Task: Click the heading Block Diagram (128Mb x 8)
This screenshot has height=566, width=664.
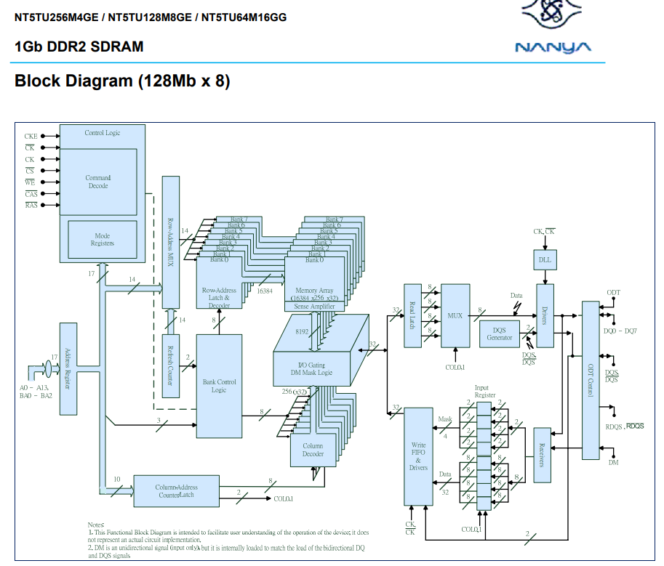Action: click(122, 81)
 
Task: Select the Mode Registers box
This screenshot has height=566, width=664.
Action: click(103, 240)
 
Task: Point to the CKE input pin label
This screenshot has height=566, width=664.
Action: click(31, 136)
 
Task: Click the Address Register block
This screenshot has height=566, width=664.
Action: click(68, 369)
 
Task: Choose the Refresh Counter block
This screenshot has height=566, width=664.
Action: click(170, 365)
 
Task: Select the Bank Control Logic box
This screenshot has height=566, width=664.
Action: click(219, 386)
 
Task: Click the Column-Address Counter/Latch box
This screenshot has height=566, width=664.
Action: click(176, 491)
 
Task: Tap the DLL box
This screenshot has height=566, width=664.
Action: click(545, 259)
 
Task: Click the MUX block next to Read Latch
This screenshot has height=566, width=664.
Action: click(455, 315)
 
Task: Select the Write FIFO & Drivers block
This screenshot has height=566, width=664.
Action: click(418, 456)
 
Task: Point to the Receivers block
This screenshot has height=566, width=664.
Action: click(541, 453)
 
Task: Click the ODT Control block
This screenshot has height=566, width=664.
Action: click(591, 380)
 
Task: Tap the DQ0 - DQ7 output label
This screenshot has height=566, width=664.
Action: click(620, 331)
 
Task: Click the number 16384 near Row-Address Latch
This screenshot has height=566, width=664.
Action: click(265, 291)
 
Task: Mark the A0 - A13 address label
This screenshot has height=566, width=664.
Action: click(33, 388)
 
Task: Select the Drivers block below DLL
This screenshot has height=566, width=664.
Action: click(545, 316)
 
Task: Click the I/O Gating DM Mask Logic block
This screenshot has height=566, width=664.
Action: click(315, 368)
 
